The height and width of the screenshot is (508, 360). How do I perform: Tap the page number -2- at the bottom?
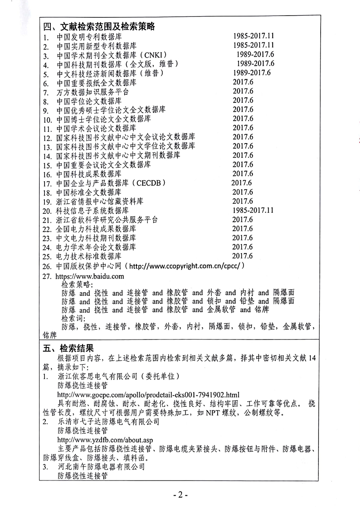pos(180,495)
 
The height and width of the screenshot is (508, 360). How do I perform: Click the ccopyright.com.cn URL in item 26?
pos(186,266)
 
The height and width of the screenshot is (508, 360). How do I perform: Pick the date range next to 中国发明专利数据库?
pos(254,36)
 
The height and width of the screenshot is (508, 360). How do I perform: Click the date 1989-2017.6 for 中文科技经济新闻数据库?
pos(250,73)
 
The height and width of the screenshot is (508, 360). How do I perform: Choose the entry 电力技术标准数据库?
pos(89,257)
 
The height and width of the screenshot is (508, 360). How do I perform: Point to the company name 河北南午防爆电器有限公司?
pos(101,467)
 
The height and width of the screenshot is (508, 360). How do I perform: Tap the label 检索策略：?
pos(77,284)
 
